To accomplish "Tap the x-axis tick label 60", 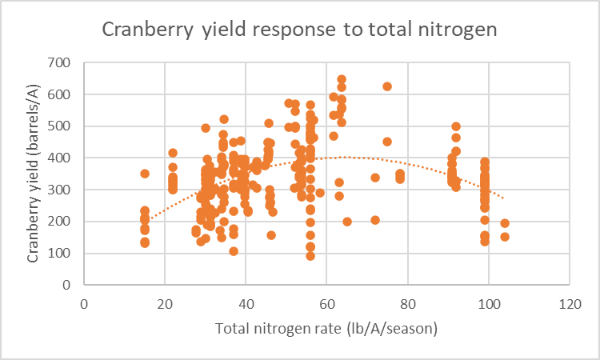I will (x=326, y=304).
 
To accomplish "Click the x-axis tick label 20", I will (x=165, y=304).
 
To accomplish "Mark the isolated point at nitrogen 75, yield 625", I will (x=387, y=86).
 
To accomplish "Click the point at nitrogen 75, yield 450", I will (x=387, y=142).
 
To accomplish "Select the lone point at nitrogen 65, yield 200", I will (x=347, y=222).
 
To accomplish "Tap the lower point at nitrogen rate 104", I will (x=505, y=237).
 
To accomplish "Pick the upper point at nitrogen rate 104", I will (x=505, y=223).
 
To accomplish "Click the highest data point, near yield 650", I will (x=342, y=79).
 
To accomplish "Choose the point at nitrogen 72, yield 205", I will (x=375, y=220).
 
